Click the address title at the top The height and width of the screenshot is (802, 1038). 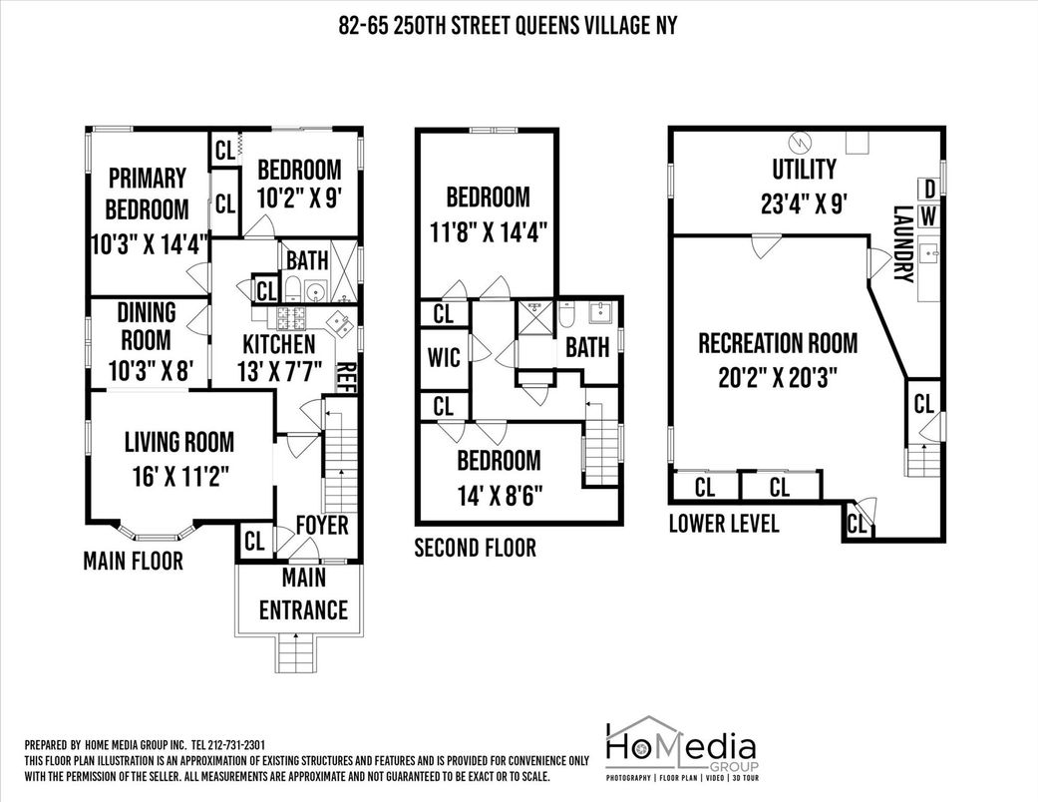[508, 26]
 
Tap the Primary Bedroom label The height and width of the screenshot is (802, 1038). [147, 194]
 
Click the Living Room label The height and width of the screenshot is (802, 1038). [179, 442]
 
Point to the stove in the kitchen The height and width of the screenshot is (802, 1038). [292, 318]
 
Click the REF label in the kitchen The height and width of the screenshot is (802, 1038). [348, 377]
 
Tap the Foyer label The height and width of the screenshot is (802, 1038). [322, 525]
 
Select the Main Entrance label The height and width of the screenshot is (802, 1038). [303, 594]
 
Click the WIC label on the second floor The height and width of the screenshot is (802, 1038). [444, 358]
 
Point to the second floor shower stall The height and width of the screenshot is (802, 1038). [534, 317]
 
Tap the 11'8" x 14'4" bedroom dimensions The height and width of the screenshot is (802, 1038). [488, 232]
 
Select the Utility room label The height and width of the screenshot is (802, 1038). [804, 169]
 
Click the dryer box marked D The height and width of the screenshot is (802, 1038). [929, 190]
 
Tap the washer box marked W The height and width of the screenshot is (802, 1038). [929, 215]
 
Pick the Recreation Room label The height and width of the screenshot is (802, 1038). [778, 343]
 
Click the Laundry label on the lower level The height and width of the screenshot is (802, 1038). [903, 244]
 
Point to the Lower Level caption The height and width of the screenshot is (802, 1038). [724, 523]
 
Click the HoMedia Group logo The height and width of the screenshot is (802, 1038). [682, 748]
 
